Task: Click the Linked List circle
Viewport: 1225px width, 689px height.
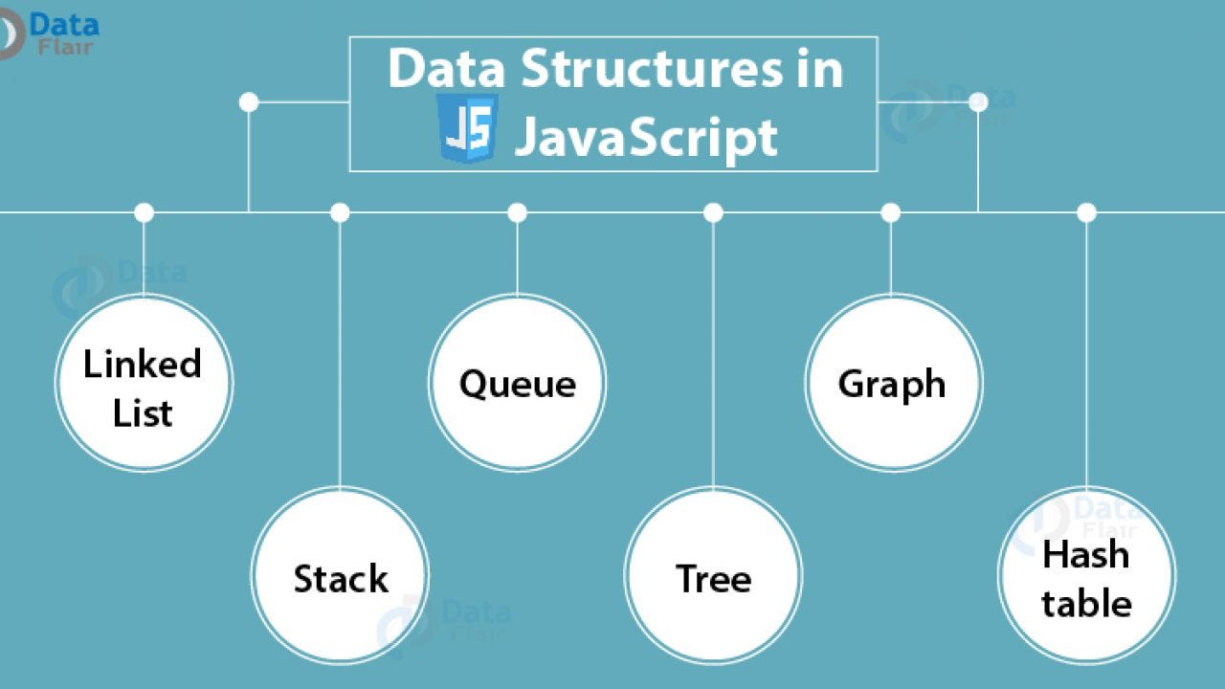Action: tap(144, 383)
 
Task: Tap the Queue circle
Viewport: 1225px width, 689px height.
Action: tap(517, 383)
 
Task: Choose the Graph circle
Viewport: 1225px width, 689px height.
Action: tap(893, 383)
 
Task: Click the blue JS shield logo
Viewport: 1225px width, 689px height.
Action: tap(467, 128)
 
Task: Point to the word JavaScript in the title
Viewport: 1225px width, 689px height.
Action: tap(646, 137)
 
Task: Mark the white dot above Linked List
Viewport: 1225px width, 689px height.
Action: tap(144, 212)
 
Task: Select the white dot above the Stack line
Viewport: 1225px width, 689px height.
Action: tap(340, 212)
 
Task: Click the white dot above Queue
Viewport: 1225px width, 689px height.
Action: tap(517, 212)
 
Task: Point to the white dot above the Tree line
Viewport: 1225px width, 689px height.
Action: tap(713, 212)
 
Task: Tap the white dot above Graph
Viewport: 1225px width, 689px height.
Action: tap(891, 212)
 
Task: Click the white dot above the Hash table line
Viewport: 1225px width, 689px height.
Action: tap(1086, 212)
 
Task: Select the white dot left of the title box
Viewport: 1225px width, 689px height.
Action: tap(249, 101)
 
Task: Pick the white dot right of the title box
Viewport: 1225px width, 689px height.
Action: tap(978, 101)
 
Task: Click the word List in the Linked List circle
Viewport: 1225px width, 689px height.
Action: tap(143, 413)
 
